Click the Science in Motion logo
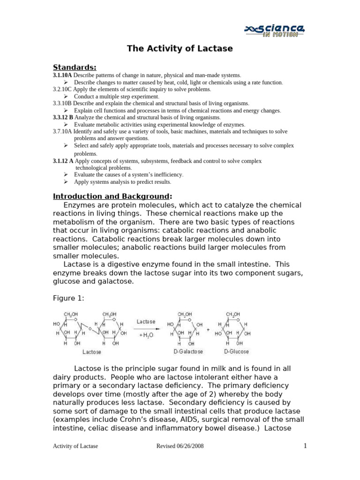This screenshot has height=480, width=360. (275, 30)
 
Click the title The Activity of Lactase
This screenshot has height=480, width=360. (180, 49)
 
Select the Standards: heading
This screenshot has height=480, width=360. (75, 67)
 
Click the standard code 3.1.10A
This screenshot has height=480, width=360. (62, 75)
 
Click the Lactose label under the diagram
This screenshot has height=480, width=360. (91, 352)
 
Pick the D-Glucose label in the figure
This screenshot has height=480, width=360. (236, 352)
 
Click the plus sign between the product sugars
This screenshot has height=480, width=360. (208, 330)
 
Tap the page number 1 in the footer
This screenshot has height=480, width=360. (305, 446)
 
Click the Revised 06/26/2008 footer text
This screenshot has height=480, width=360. (180, 446)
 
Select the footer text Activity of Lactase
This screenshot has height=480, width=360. (75, 446)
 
